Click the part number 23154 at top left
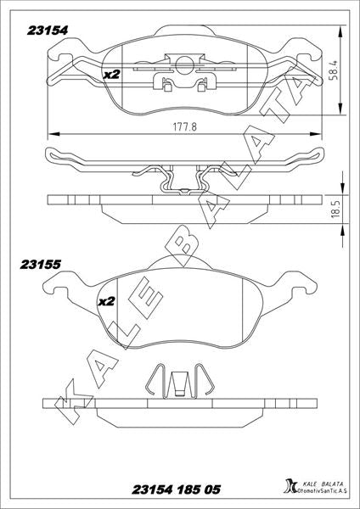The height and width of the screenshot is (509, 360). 48,31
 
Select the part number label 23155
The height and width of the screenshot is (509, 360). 40,265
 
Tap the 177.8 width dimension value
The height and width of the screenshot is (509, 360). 184,126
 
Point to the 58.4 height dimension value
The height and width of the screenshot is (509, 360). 335,70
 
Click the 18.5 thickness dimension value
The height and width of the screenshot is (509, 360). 335,209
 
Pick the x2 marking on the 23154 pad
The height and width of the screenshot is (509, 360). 111,75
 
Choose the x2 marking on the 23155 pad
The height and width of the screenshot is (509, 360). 107,301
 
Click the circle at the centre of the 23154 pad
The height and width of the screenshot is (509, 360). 184,65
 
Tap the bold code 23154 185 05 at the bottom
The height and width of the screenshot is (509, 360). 176,489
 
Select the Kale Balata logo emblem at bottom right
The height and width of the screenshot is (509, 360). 290,487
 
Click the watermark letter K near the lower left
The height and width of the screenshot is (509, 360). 73,400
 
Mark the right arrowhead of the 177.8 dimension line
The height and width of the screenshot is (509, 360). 316,134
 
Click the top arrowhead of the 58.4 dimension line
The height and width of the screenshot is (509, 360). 340,32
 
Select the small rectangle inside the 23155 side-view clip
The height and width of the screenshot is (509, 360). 178,393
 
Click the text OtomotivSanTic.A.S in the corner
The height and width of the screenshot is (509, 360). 323,491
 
